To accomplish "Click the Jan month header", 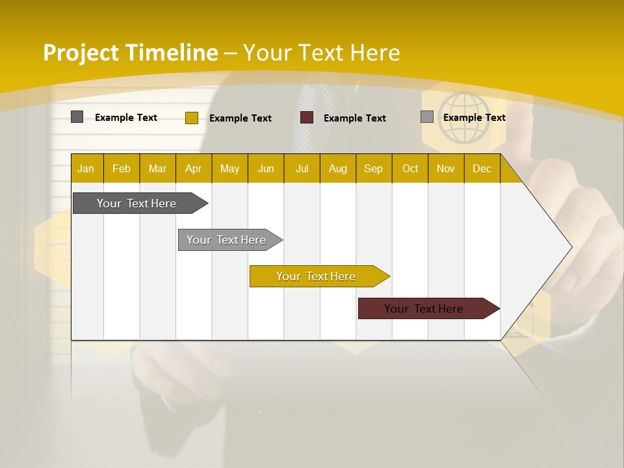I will click(x=86, y=168).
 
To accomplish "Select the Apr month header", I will click(x=193, y=168).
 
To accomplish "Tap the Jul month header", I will click(x=302, y=168).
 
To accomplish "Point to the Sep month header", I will click(x=373, y=168).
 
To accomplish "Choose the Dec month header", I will click(x=482, y=168).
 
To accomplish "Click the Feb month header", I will click(x=122, y=168).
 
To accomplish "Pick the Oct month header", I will click(x=410, y=168).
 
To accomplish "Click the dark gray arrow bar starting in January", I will click(x=136, y=203).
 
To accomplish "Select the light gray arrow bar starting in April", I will click(x=226, y=240).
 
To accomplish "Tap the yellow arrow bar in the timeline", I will click(x=316, y=276).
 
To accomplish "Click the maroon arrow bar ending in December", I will click(x=424, y=309).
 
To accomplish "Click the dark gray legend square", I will click(x=77, y=117).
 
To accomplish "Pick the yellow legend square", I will click(x=191, y=118).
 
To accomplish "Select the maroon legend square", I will click(x=307, y=118).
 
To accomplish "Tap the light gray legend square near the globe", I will click(x=426, y=117).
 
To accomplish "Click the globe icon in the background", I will click(x=463, y=118).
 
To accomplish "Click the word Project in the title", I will click(x=81, y=53).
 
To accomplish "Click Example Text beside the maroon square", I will click(x=354, y=118).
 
